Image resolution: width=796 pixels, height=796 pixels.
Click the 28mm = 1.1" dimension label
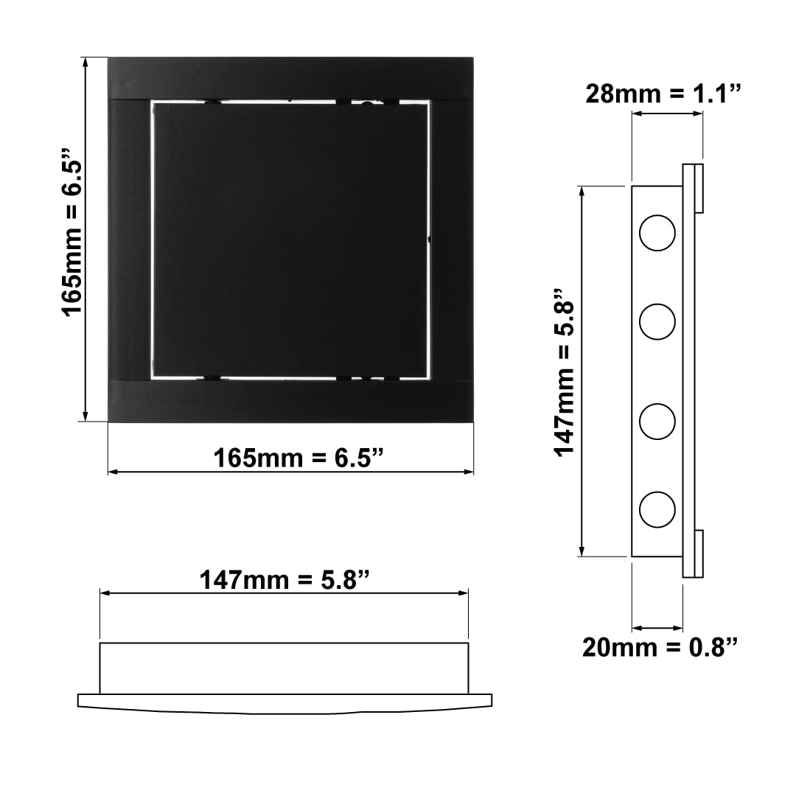tap(663, 94)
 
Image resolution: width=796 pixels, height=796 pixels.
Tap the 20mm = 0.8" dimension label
tap(660, 647)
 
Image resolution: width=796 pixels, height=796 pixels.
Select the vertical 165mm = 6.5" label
tap(72, 232)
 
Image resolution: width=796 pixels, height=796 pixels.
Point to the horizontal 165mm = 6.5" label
tap(298, 458)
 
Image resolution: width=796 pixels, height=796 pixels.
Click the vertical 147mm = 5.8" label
tap(564, 374)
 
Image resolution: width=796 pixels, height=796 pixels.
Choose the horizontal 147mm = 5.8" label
tap(284, 580)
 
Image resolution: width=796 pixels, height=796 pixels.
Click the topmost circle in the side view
tap(657, 233)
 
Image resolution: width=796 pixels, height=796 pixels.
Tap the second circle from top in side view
tap(657, 321)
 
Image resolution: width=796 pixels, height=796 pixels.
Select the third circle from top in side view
tap(657, 422)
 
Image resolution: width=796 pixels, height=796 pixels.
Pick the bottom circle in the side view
tap(657, 509)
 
